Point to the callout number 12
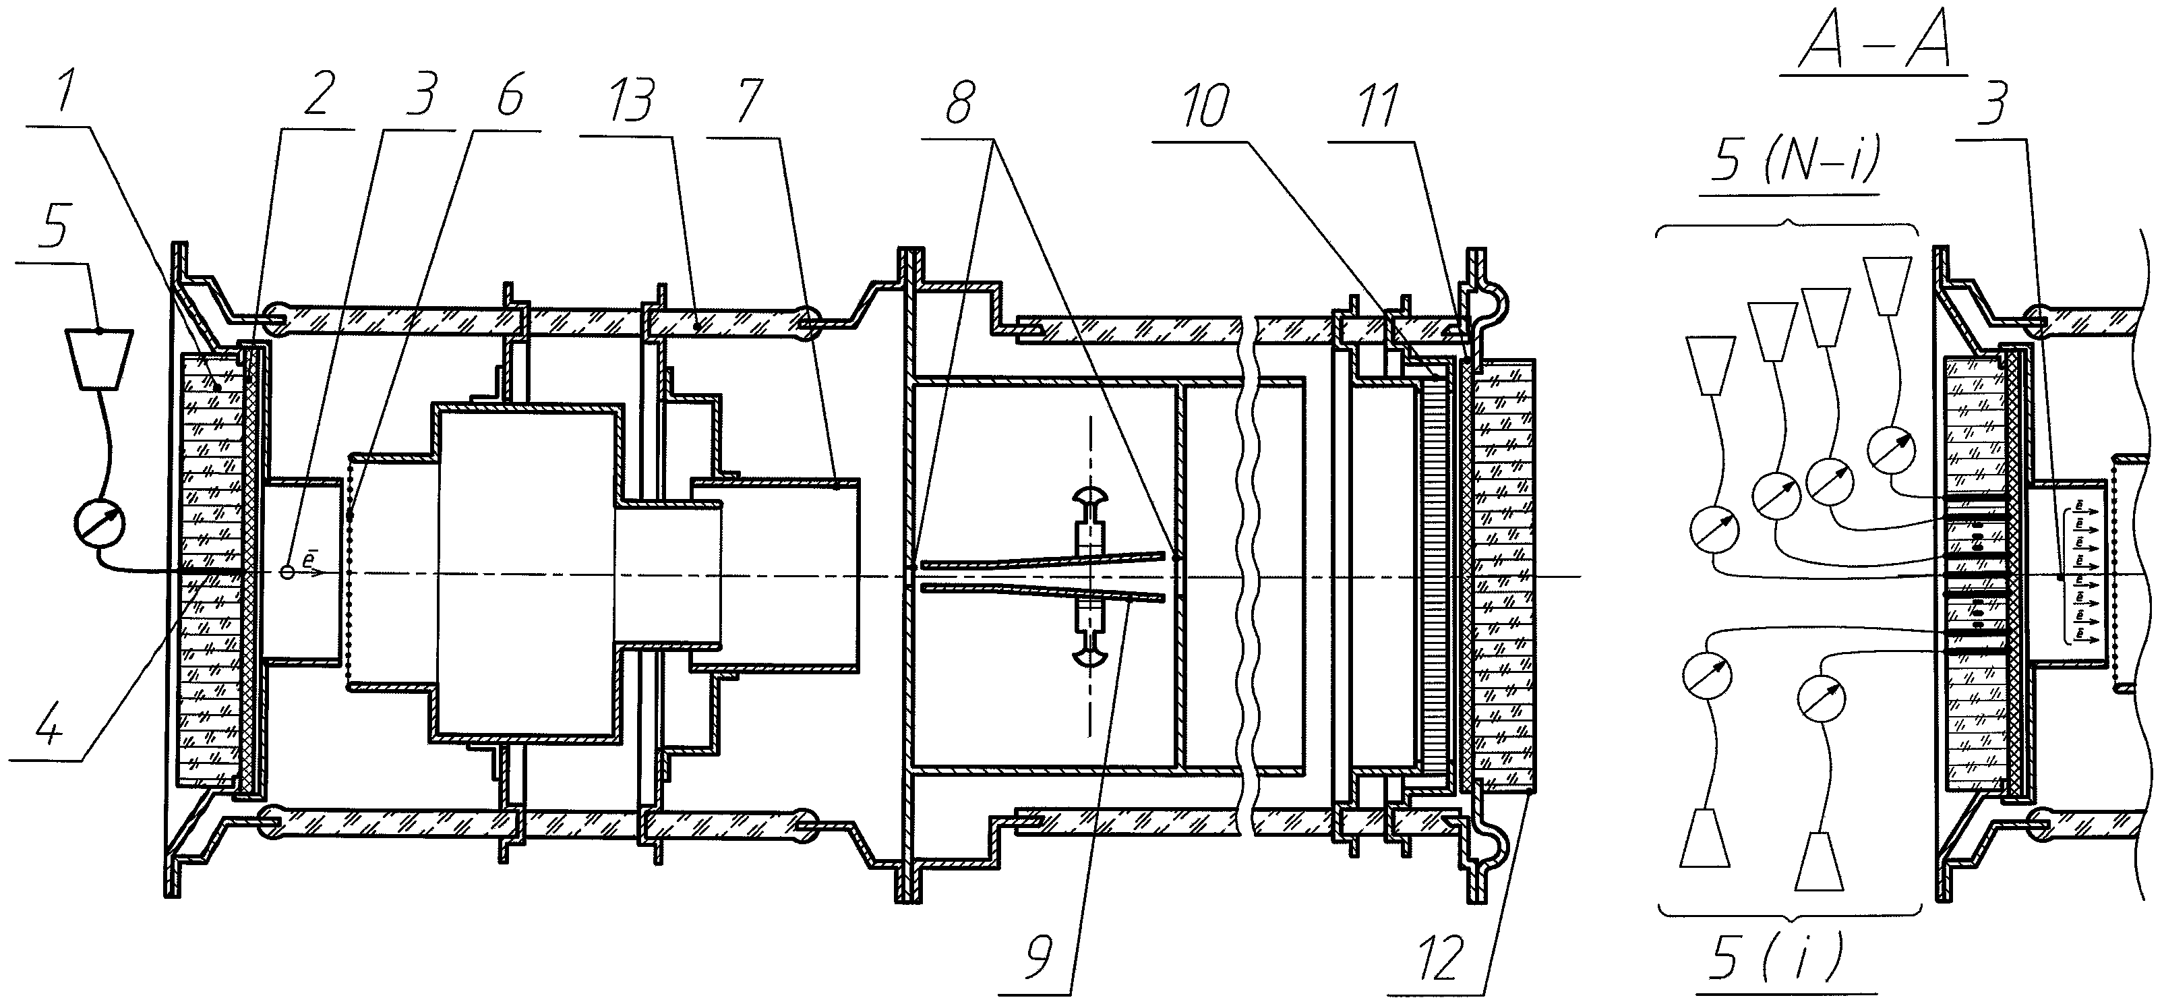[x=1433, y=957]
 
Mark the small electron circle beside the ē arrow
[x=288, y=572]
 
